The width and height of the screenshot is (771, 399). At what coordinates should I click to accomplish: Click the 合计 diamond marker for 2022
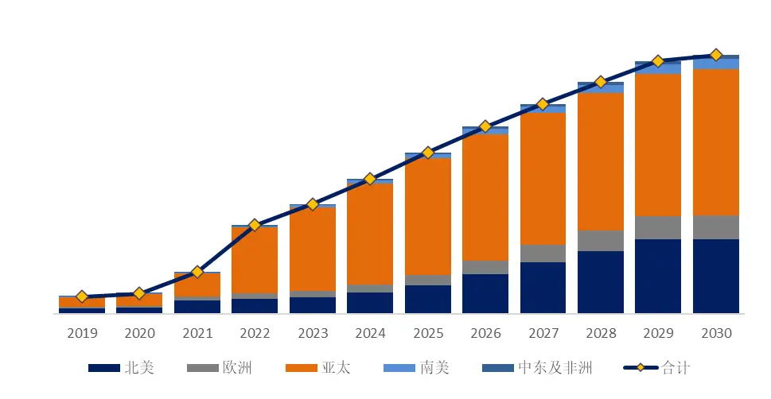255,225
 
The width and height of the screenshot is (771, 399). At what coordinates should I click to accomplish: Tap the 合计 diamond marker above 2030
715,55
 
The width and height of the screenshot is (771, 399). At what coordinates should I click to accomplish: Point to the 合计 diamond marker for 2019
81,296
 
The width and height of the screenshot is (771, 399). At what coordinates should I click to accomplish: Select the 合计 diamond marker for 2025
427,152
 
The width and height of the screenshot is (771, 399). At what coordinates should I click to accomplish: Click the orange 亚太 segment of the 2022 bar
255,260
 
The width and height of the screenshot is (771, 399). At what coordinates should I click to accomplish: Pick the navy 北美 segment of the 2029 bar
658,276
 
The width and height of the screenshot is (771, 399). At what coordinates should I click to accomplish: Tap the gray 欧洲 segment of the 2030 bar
715,227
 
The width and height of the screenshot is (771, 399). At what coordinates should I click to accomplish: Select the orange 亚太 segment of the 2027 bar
543,179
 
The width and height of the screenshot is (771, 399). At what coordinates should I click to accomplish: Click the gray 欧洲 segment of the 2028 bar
600,241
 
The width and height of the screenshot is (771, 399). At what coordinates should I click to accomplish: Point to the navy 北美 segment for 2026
485,293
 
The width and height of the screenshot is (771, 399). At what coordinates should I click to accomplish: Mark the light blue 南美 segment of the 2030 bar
715,64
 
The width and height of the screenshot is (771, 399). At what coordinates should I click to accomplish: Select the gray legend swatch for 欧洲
202,368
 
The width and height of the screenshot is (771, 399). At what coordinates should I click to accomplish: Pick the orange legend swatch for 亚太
301,368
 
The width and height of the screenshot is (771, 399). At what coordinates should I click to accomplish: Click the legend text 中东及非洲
555,367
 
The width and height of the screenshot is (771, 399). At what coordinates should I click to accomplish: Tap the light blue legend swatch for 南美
399,368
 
